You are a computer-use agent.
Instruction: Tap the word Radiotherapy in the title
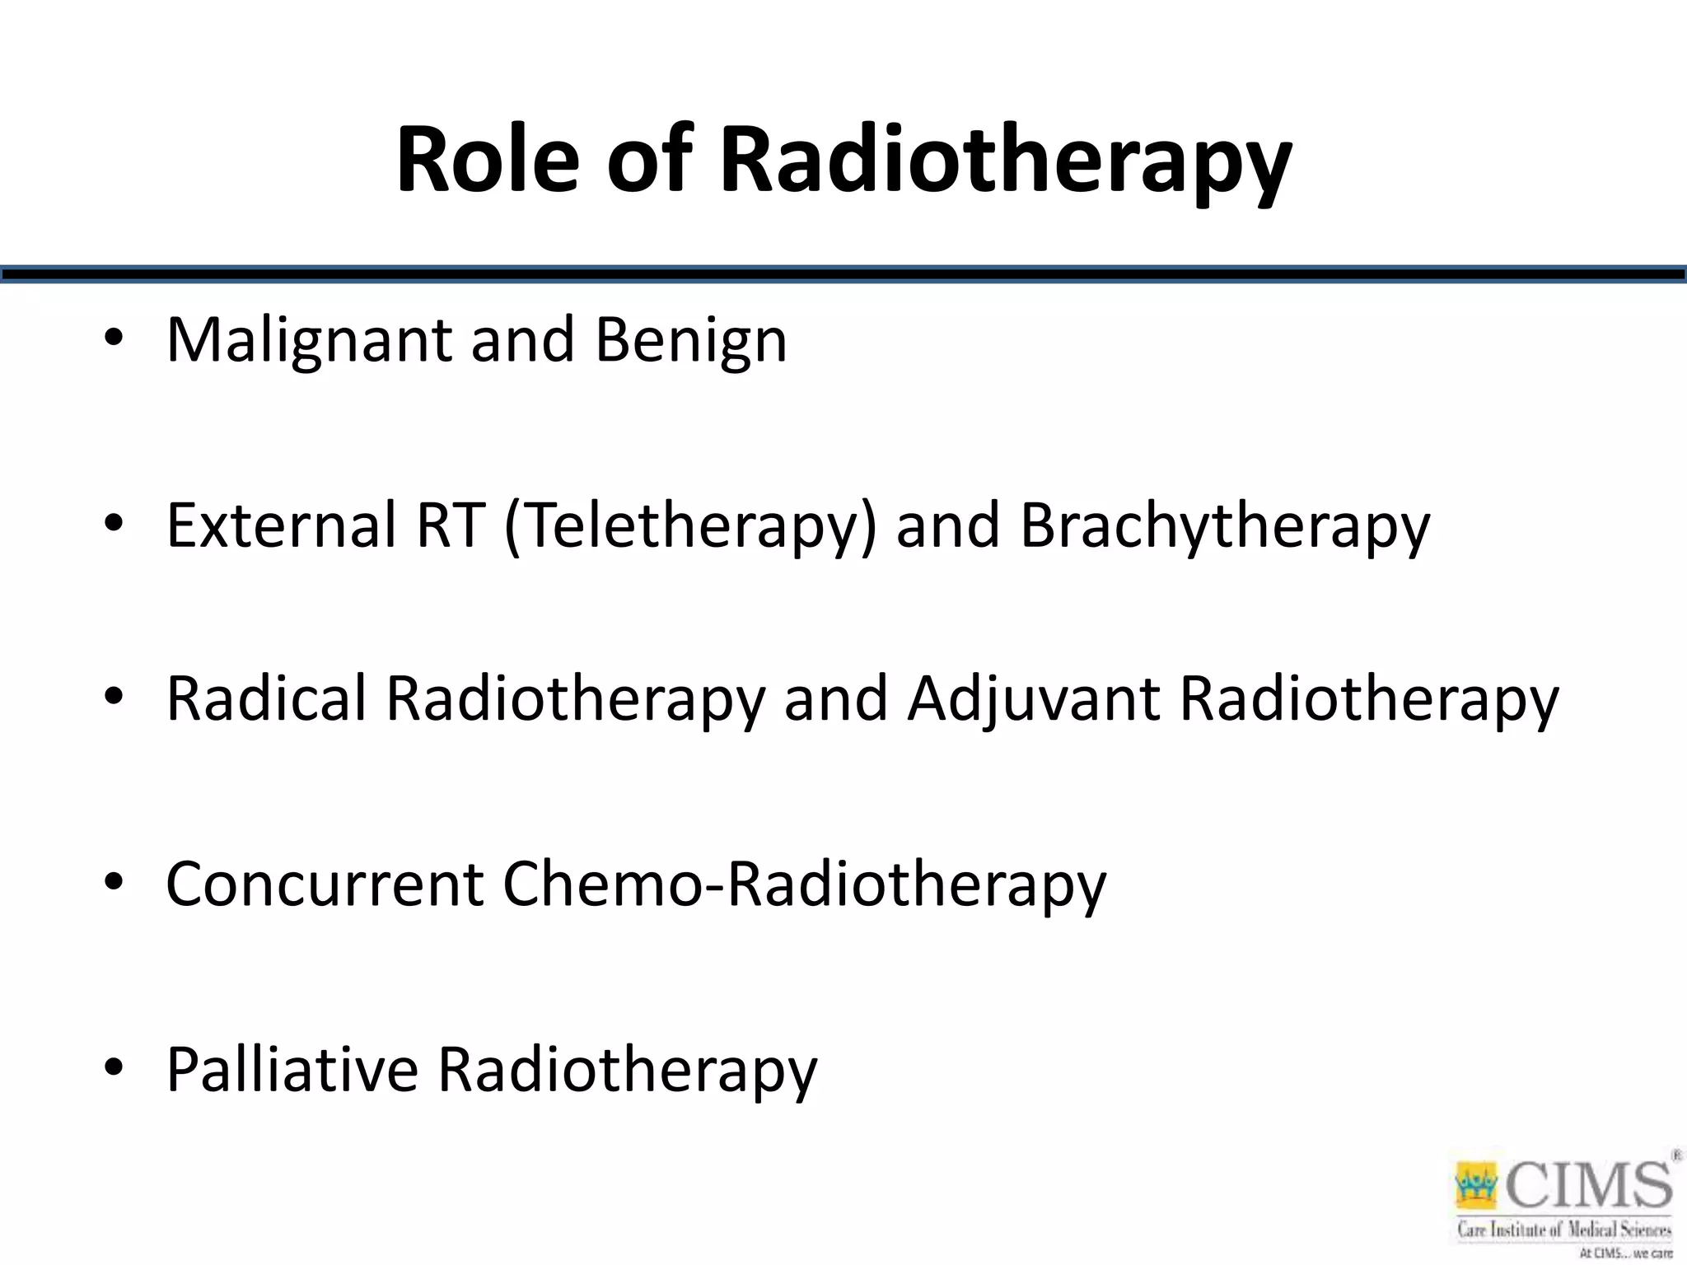click(x=1005, y=161)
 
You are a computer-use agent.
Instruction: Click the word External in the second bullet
click(x=281, y=525)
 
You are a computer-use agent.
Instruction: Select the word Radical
click(x=265, y=698)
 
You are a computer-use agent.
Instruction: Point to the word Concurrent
click(x=325, y=884)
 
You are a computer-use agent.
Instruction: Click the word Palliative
click(x=292, y=1069)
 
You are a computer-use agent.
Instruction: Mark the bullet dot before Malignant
click(x=114, y=338)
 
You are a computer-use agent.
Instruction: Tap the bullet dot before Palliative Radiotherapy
click(x=114, y=1067)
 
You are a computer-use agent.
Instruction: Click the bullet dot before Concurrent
click(x=114, y=883)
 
